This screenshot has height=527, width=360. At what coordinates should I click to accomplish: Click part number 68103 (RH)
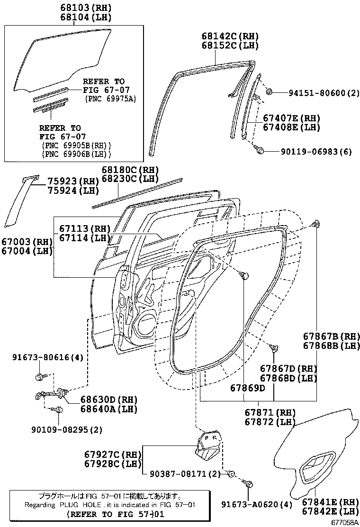85,8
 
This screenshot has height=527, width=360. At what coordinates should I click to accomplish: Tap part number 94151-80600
318,93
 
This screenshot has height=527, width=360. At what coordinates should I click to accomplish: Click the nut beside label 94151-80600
269,91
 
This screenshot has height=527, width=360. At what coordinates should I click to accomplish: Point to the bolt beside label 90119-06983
259,150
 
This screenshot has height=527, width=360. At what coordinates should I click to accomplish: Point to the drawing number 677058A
344,522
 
